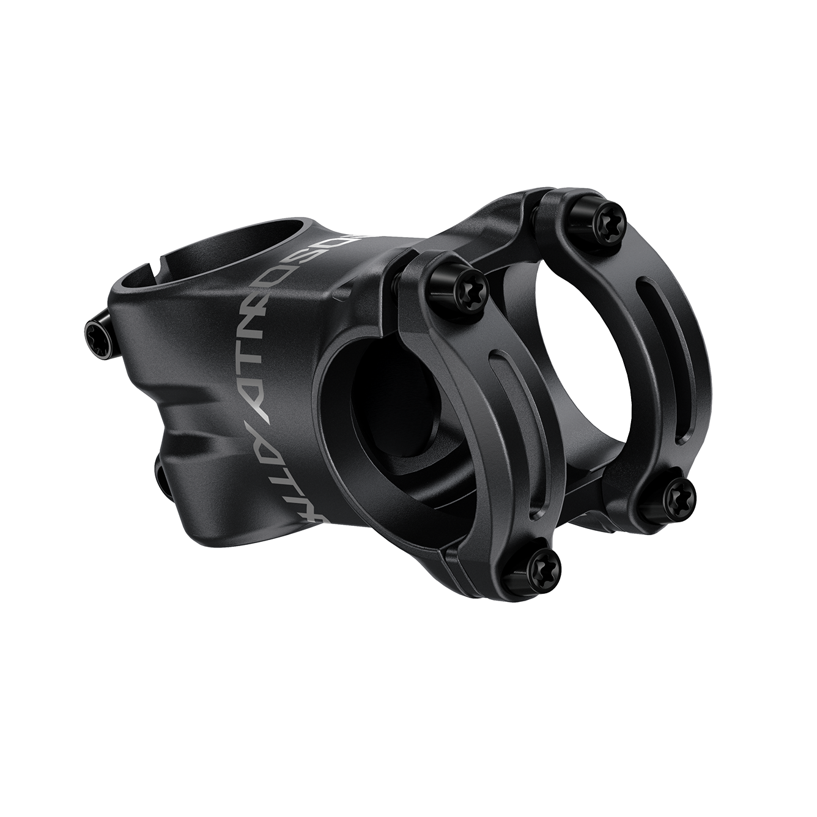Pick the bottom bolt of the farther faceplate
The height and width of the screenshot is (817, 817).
pos(679,489)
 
